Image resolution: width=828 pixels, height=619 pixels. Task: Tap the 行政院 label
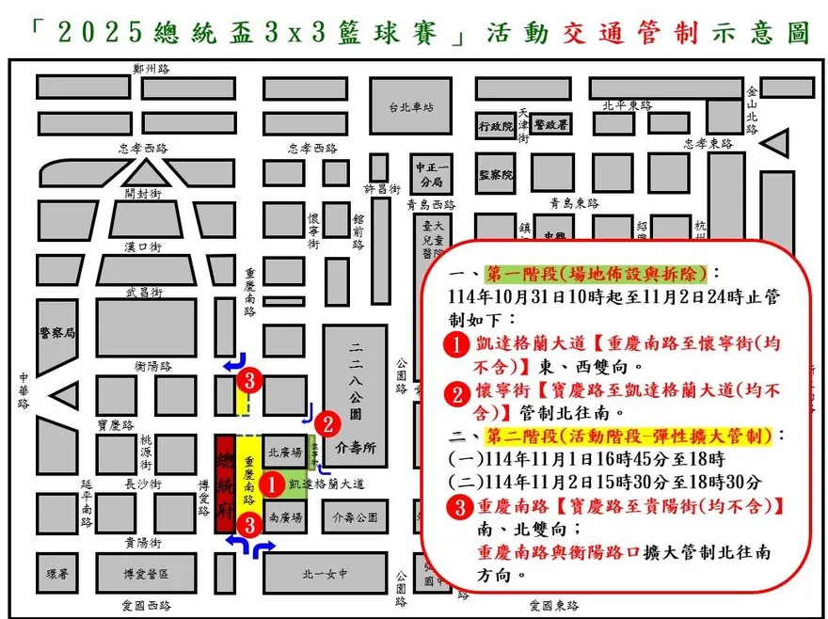click(x=495, y=125)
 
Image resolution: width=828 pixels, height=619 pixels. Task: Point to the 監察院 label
click(x=495, y=175)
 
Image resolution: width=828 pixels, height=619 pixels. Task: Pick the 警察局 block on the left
click(x=56, y=332)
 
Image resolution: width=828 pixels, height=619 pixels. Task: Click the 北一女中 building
click(x=325, y=573)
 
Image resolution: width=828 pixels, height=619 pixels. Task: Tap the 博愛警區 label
click(x=145, y=573)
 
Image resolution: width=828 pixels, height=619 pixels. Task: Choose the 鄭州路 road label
click(x=151, y=69)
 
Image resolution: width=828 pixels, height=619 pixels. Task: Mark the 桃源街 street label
click(x=146, y=452)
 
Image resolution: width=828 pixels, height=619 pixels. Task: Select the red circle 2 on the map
click(x=326, y=423)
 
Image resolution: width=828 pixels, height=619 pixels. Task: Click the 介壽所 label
click(x=355, y=448)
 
